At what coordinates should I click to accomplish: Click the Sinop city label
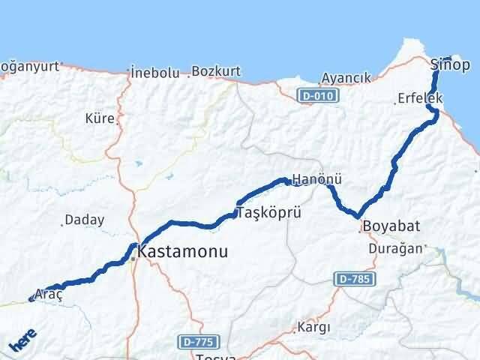point(451,65)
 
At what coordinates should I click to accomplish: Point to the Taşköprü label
point(269,213)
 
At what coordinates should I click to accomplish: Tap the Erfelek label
point(420,98)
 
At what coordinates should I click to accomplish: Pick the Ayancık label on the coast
point(346,78)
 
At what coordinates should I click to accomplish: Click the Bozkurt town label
point(215,72)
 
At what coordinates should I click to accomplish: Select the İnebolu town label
point(154,73)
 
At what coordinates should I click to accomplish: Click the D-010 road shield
point(318,96)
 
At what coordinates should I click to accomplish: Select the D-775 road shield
point(198,342)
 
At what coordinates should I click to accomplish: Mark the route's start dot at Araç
point(31,299)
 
